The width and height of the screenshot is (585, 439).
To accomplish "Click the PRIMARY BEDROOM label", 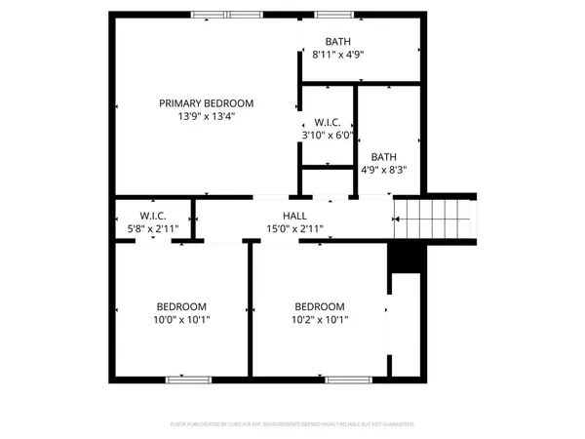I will pyautogui.click(x=207, y=103).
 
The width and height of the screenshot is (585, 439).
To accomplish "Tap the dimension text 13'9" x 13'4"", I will pyautogui.click(x=207, y=116).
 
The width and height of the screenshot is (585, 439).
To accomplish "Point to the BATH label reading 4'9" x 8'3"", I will pyautogui.click(x=383, y=156).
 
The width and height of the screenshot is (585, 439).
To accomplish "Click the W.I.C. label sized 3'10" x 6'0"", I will pyautogui.click(x=326, y=123).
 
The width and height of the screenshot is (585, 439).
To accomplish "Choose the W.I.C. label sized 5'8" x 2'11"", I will pyautogui.click(x=153, y=216).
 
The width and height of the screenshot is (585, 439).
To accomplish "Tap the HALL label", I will pyautogui.click(x=295, y=216).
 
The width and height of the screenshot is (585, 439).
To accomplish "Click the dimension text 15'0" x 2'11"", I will pyautogui.click(x=295, y=228).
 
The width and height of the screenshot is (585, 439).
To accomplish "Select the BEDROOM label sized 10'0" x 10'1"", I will pyautogui.click(x=182, y=305).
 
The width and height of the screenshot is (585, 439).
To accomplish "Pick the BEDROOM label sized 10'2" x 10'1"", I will pyautogui.click(x=320, y=305).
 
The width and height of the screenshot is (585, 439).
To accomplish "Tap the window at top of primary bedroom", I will pyautogui.click(x=226, y=14).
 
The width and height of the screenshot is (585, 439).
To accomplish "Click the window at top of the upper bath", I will pyautogui.click(x=333, y=14).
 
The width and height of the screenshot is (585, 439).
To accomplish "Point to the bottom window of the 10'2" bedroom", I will pyautogui.click(x=344, y=378).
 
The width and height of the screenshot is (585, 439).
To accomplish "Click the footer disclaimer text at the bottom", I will pyautogui.click(x=292, y=424).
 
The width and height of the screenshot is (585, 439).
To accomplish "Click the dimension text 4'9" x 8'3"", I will pyautogui.click(x=383, y=169).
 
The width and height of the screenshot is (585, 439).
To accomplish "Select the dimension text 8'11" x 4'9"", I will pyautogui.click(x=338, y=55).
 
